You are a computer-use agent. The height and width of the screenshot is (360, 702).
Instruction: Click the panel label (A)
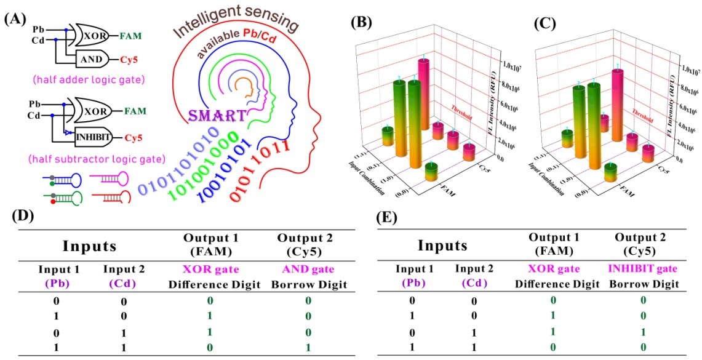point(15,18)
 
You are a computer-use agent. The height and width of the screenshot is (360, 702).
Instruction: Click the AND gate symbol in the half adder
point(92,59)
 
